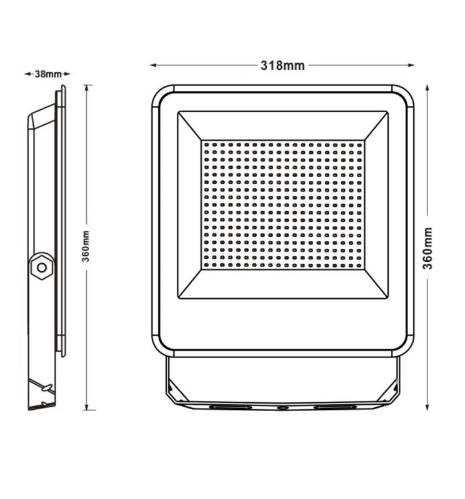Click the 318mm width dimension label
[282, 65]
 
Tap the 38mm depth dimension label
[47, 74]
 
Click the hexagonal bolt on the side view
[42, 267]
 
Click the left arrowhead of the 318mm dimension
[152, 65]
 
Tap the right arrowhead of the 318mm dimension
[412, 65]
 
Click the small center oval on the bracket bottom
[283, 408]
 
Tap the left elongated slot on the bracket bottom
[230, 407]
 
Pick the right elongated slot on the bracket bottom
[335, 407]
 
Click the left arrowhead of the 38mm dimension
[27, 74]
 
